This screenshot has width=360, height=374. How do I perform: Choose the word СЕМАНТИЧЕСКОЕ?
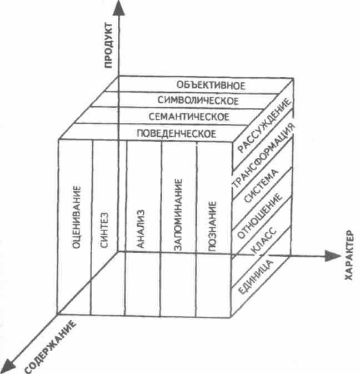click(x=189, y=117)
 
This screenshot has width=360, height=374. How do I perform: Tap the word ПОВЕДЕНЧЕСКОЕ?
click(x=176, y=133)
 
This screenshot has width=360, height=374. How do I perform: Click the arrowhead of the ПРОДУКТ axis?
click(x=119, y=9)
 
